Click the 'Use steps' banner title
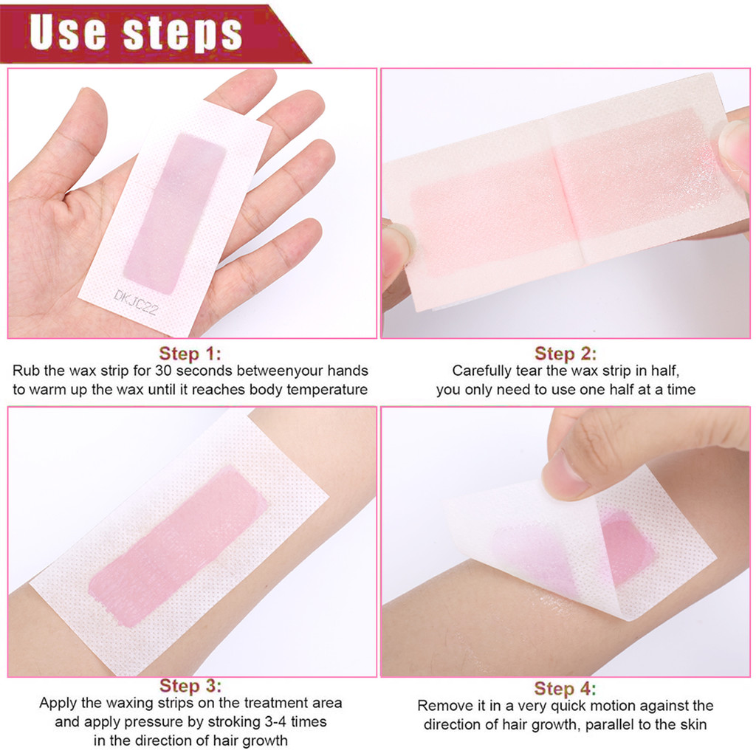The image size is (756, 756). [136, 32]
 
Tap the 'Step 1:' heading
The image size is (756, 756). [190, 354]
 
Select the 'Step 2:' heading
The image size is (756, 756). [565, 354]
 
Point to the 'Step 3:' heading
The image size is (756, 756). [190, 686]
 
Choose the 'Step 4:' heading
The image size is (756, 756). [565, 688]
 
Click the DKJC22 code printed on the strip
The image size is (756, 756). [136, 302]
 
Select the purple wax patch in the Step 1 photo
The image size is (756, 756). [174, 213]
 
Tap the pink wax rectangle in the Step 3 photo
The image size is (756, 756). [177, 546]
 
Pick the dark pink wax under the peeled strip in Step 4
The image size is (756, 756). [627, 547]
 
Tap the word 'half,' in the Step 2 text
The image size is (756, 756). [665, 371]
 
